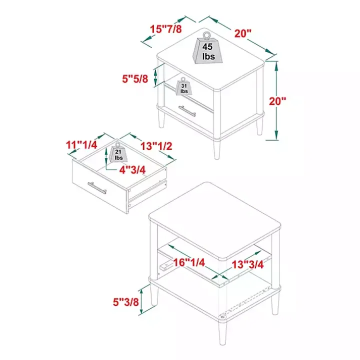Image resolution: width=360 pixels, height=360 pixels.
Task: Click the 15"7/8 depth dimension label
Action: (x=166, y=29)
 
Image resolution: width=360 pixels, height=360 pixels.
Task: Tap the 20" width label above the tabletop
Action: (x=243, y=33)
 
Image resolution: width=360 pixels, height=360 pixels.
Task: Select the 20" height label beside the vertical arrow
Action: (x=277, y=101)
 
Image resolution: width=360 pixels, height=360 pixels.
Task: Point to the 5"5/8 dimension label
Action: (x=135, y=79)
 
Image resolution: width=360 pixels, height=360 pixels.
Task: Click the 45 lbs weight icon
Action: (x=207, y=48)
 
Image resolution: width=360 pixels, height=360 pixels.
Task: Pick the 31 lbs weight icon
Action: (x=183, y=86)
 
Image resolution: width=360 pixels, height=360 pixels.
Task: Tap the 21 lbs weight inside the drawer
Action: (x=118, y=152)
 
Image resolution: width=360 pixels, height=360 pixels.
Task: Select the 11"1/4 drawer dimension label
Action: (x=81, y=145)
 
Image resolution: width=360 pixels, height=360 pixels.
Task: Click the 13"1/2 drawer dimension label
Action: (x=156, y=146)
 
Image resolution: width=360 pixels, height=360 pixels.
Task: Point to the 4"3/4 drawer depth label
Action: (x=132, y=170)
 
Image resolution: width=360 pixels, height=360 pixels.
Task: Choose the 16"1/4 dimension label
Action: (x=188, y=262)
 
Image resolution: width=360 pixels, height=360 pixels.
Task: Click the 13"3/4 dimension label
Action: (x=247, y=264)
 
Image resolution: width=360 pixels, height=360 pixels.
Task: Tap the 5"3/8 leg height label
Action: (x=126, y=302)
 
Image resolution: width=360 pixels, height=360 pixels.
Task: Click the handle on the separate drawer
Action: (x=97, y=188)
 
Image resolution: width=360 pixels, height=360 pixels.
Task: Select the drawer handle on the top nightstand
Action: (x=187, y=111)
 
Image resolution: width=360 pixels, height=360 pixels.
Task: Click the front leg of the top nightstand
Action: (x=216, y=149)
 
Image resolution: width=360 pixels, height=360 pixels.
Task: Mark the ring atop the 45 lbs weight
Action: (x=206, y=35)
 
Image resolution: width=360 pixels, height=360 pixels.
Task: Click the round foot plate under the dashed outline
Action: (x=222, y=317)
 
